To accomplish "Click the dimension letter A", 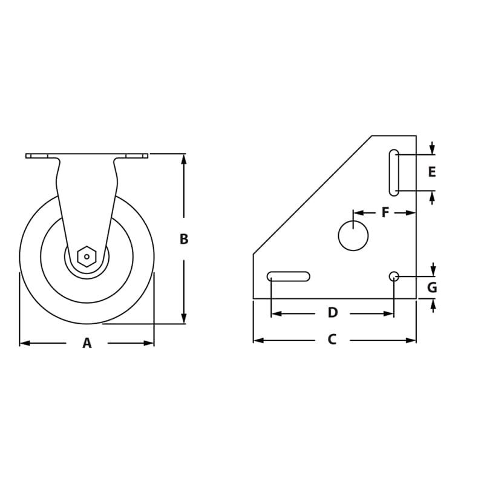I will tap(87, 343).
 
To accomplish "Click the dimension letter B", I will tap(184, 239).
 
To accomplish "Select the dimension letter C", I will tap(332, 340).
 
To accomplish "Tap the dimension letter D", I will tap(332, 313).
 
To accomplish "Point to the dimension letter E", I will tap(432, 172).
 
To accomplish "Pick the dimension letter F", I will tap(385, 212).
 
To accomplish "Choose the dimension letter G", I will tap(432, 287).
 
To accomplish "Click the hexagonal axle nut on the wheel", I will tap(87, 257).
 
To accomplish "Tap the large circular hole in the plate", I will tap(353, 235).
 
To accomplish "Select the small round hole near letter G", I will tap(394, 276).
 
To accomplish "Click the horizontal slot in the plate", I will tap(289, 276).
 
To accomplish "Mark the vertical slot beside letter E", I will tap(394, 172).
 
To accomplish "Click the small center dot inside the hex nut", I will tap(87, 257).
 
